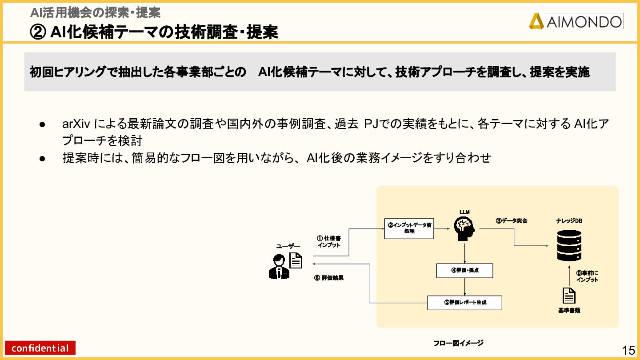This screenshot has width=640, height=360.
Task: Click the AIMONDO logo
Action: tap(576, 21)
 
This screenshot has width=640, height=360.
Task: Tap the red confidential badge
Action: tap(40, 348)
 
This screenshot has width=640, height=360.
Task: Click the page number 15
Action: tap(628, 350)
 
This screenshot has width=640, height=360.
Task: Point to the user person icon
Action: tap(279, 267)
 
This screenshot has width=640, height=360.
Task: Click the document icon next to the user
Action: tap(296, 260)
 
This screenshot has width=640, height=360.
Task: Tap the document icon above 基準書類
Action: tap(569, 295)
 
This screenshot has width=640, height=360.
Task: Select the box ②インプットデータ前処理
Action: tap(409, 228)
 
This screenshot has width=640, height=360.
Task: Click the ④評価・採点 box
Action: tap(464, 271)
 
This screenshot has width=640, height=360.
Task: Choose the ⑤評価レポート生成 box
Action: tap(464, 303)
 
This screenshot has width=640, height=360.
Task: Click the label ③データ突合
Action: tap(512, 220)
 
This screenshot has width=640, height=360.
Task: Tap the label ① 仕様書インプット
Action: tap(329, 242)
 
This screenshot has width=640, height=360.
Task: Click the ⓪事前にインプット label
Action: tap(587, 276)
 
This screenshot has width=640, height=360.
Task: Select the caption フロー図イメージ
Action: tap(458, 343)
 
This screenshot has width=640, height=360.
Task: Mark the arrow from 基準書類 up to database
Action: tap(569, 276)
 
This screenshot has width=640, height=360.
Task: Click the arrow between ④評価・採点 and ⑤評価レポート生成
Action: tap(464, 287)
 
